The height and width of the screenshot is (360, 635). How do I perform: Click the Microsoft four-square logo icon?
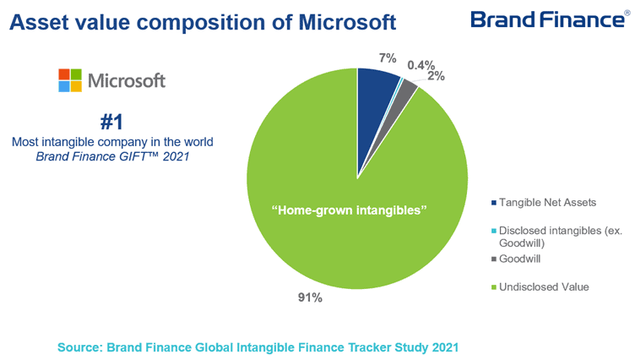tap(69, 80)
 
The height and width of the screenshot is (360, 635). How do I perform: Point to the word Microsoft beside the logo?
tap(127, 81)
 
